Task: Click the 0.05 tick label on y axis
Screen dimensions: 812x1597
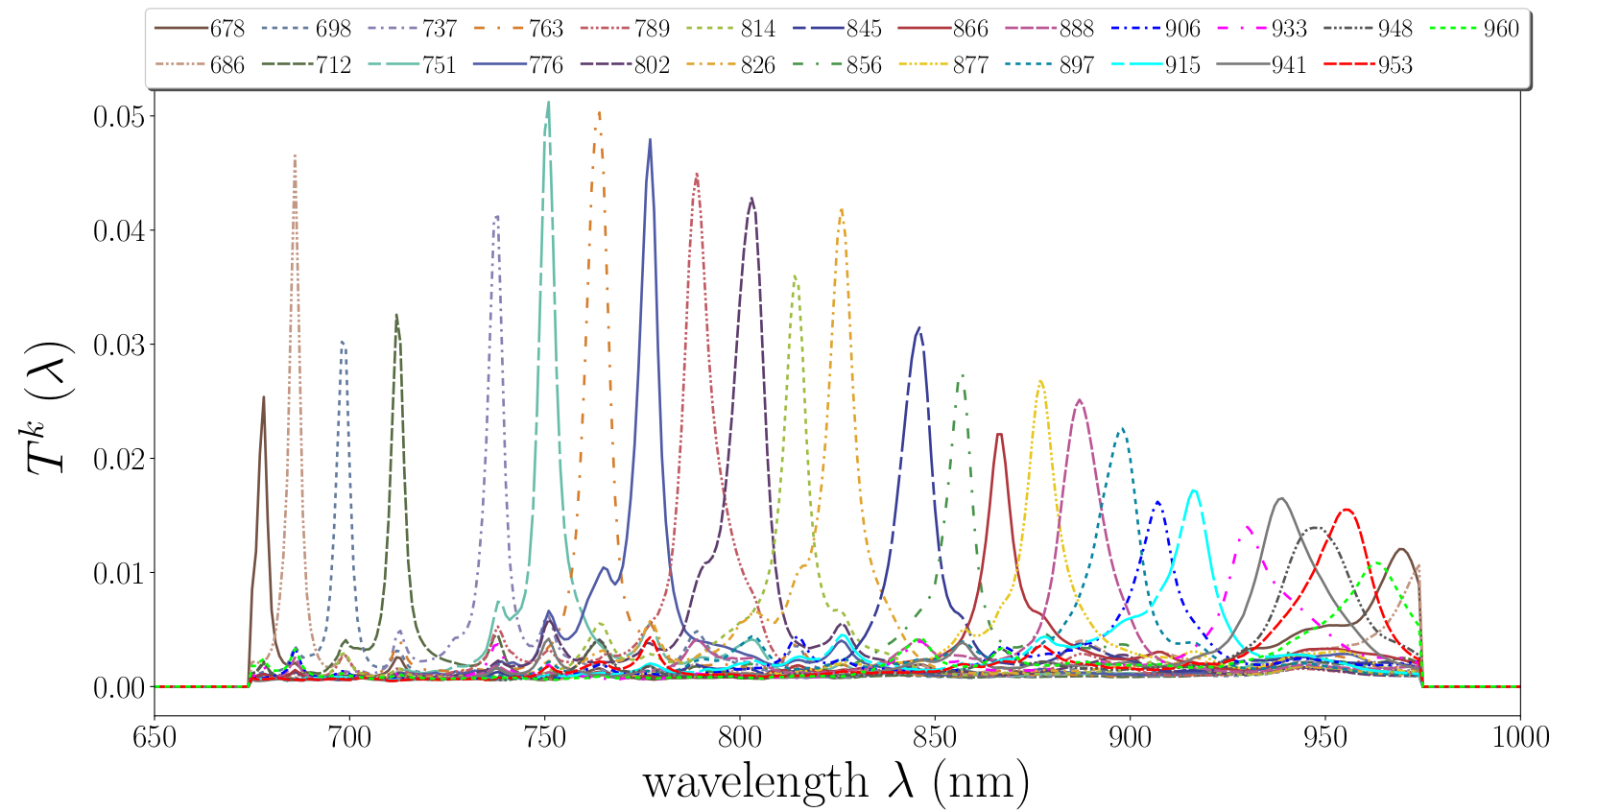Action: pos(118,117)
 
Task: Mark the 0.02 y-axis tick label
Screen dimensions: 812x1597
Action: pos(118,459)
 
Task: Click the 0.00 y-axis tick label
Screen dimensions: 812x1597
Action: pos(118,687)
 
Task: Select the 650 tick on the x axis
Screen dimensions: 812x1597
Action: pos(155,737)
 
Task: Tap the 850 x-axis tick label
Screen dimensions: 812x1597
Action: pos(935,737)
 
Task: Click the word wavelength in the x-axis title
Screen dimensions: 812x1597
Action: pos(755,781)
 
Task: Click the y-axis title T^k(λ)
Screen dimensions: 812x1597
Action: pos(48,407)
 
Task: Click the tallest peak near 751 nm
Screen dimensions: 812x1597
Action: pos(548,103)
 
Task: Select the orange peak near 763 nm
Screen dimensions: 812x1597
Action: pos(599,112)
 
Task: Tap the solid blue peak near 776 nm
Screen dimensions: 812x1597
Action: pos(650,140)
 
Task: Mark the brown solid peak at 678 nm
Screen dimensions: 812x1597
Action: pos(263,397)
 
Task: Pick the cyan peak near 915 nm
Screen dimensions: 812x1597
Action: pos(1193,491)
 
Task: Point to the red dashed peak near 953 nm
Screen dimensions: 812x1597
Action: pos(1347,510)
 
